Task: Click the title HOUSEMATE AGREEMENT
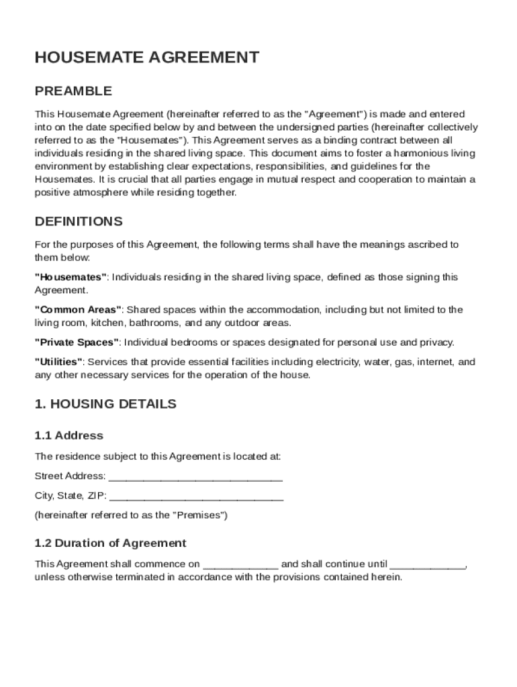tap(146, 57)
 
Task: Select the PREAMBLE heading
tap(73, 91)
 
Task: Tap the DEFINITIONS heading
tap(79, 221)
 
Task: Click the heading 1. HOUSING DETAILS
tap(105, 404)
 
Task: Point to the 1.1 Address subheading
tap(69, 435)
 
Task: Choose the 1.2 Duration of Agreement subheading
tap(110, 543)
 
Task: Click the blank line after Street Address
tap(195, 476)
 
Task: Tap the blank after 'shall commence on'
tap(240, 564)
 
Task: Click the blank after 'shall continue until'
tap(428, 564)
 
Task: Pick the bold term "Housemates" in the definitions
tap(70, 277)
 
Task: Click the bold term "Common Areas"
tap(78, 310)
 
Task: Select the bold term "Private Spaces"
tap(77, 343)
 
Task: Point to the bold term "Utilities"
tap(58, 362)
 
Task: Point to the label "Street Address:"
tap(70, 476)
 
